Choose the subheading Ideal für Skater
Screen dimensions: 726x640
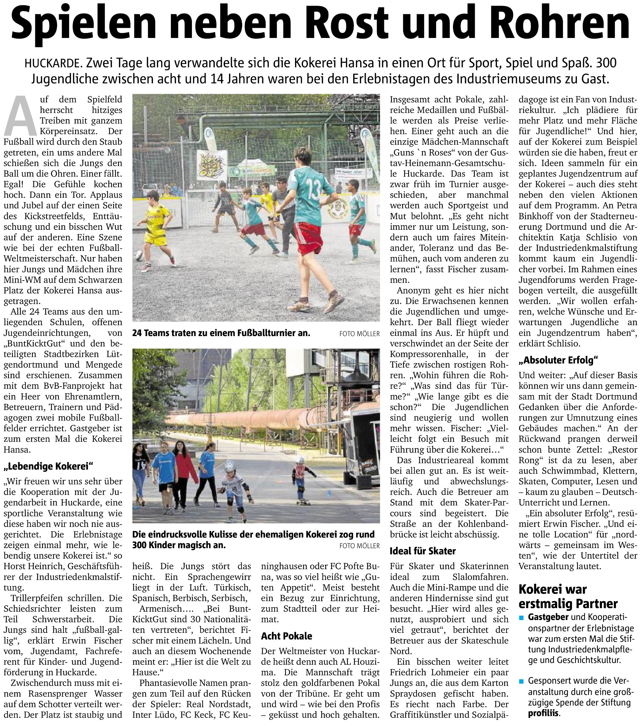pos(423,551)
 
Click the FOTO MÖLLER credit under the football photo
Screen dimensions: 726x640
pos(359,334)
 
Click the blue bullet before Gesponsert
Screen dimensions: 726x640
pos(522,681)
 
